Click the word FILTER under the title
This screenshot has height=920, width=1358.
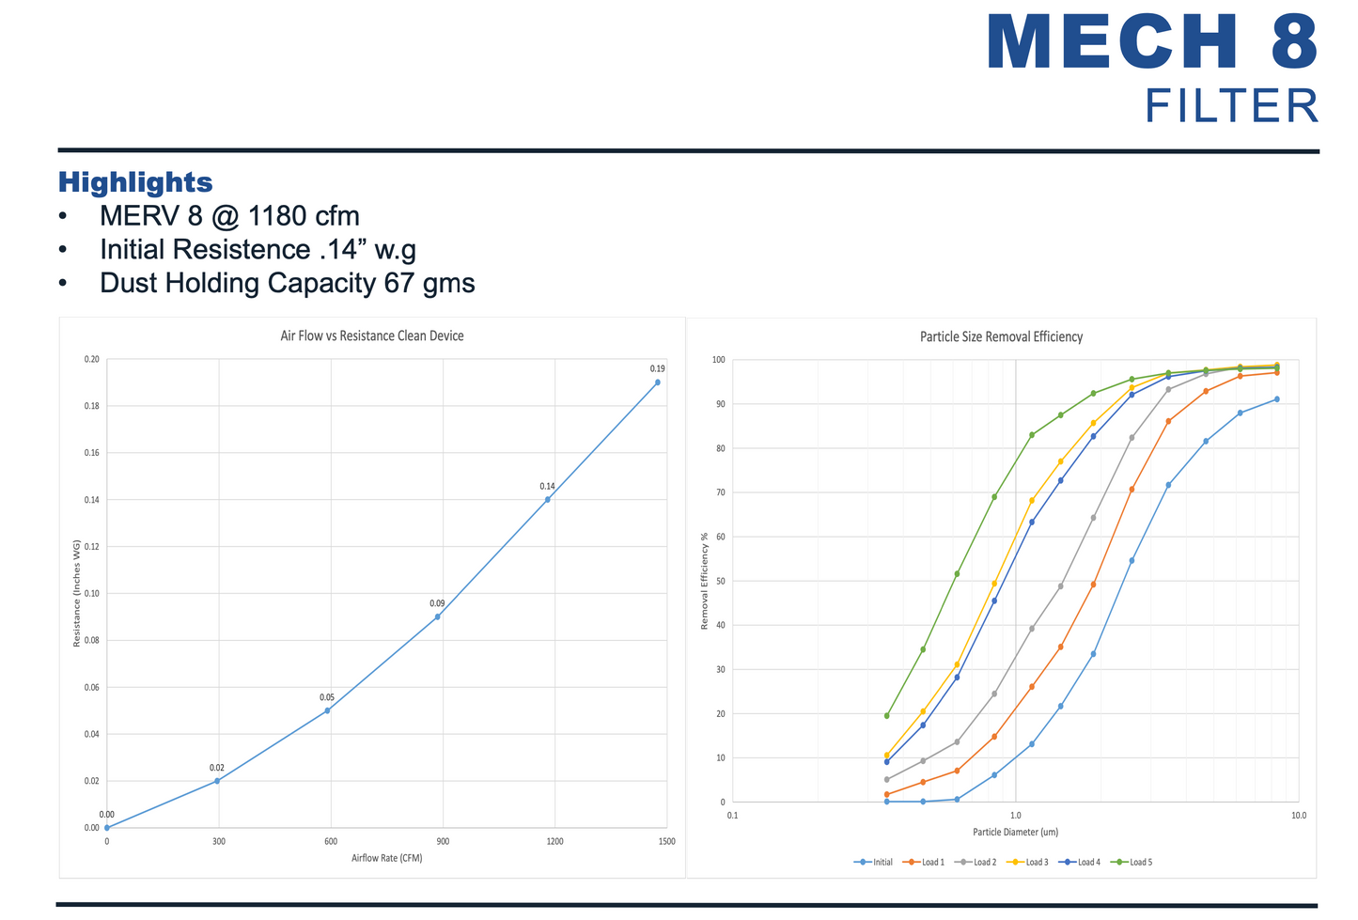click(x=1231, y=106)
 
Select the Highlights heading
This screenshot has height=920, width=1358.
click(x=135, y=182)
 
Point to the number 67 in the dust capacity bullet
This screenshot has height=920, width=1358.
click(x=399, y=283)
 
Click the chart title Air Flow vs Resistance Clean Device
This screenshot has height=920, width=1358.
click(x=372, y=335)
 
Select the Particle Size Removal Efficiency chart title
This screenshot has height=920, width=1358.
click(x=1001, y=336)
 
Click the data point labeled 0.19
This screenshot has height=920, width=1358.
click(x=657, y=382)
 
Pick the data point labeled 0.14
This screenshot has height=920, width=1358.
click(x=548, y=499)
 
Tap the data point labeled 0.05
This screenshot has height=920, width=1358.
click(x=327, y=710)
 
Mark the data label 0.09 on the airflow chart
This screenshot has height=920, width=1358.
click(x=437, y=603)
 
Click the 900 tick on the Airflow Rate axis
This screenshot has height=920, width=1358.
click(x=443, y=841)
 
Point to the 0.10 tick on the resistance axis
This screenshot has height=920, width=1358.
click(x=91, y=594)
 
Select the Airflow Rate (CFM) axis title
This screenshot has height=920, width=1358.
click(x=386, y=858)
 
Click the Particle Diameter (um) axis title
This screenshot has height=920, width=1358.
click(x=1015, y=832)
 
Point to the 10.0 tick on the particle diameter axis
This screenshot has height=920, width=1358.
click(x=1298, y=816)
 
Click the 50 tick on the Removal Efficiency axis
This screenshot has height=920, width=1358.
click(x=719, y=582)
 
